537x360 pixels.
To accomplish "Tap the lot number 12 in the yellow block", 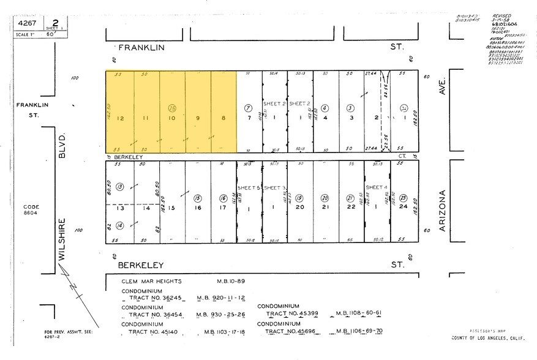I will click(x=121, y=118).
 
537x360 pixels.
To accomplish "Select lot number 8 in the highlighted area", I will click(x=223, y=118).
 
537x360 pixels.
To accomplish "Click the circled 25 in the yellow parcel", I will click(x=173, y=107).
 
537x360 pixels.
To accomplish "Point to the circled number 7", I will click(x=249, y=107).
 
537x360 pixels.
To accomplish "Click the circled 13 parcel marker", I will click(x=120, y=186).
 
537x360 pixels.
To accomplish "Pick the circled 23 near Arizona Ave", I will click(x=404, y=198).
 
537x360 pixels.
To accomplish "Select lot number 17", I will click(x=223, y=208).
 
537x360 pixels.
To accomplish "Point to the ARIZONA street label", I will click(x=445, y=211).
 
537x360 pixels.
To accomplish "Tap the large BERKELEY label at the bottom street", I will click(x=142, y=265).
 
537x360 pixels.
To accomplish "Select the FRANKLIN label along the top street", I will click(x=142, y=47).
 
